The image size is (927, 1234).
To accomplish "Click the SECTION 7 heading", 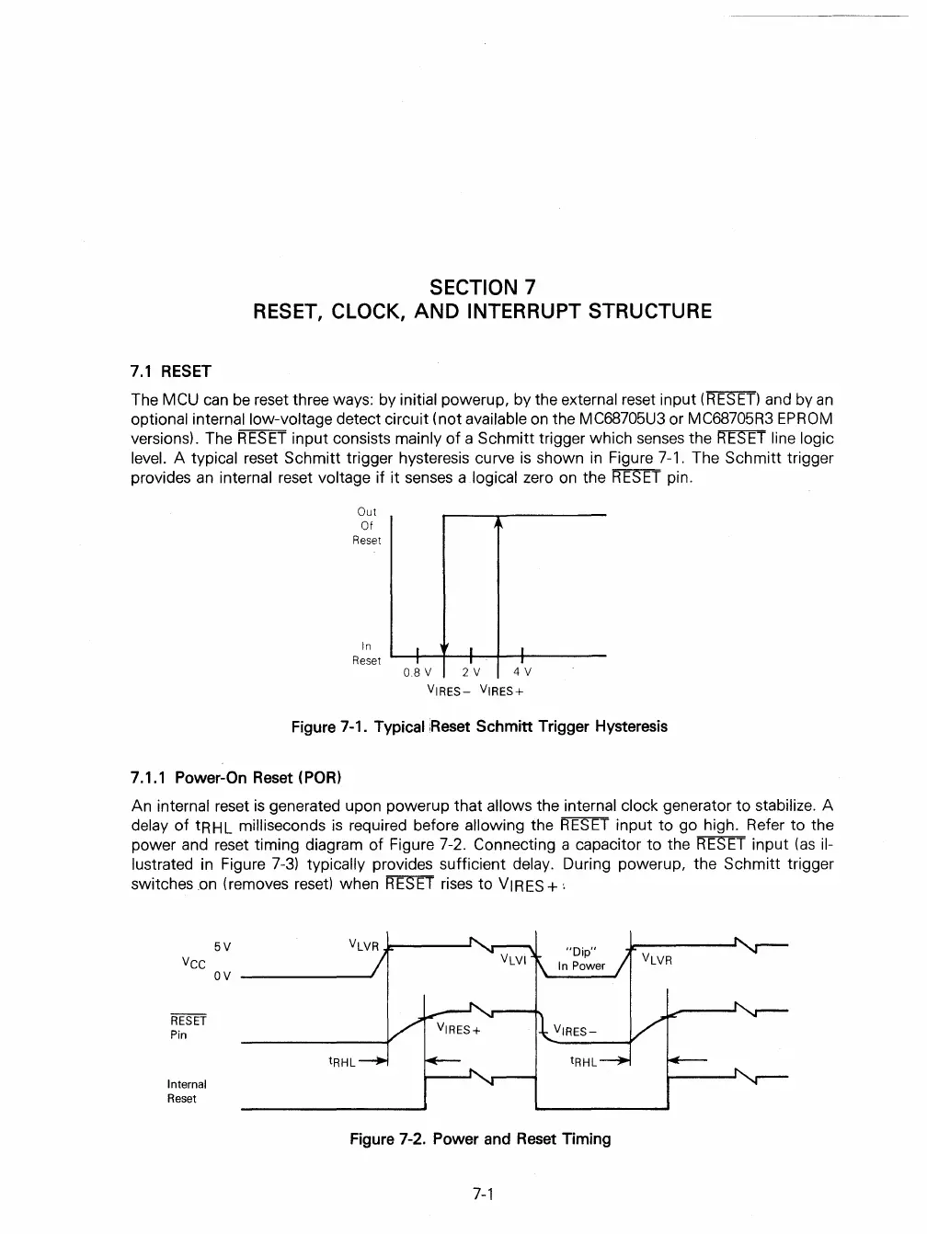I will [482, 287].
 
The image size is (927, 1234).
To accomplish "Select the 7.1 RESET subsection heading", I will [171, 371].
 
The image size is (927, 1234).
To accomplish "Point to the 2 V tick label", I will [471, 672].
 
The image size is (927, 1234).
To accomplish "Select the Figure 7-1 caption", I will [479, 726].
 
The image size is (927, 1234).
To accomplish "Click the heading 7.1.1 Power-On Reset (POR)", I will [236, 778].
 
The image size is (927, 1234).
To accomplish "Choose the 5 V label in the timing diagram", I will [222, 946].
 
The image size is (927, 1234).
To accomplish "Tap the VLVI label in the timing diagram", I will [513, 959].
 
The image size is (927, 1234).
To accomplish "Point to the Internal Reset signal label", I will [187, 1091].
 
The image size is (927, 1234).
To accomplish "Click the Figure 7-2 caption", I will [479, 1139].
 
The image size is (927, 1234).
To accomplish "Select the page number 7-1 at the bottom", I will [484, 1194].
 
